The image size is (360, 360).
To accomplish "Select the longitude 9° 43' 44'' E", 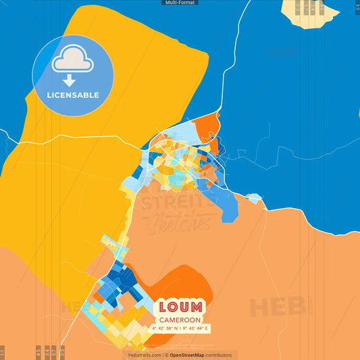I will tap(196, 329).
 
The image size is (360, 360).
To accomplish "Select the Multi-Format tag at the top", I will tap(180, 3).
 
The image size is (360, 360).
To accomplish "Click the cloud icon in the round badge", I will tap(73, 61).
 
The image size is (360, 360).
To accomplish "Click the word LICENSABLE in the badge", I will tap(73, 95).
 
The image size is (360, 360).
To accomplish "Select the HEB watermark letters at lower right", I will tap(277, 307).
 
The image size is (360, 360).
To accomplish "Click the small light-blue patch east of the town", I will tap(254, 198).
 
